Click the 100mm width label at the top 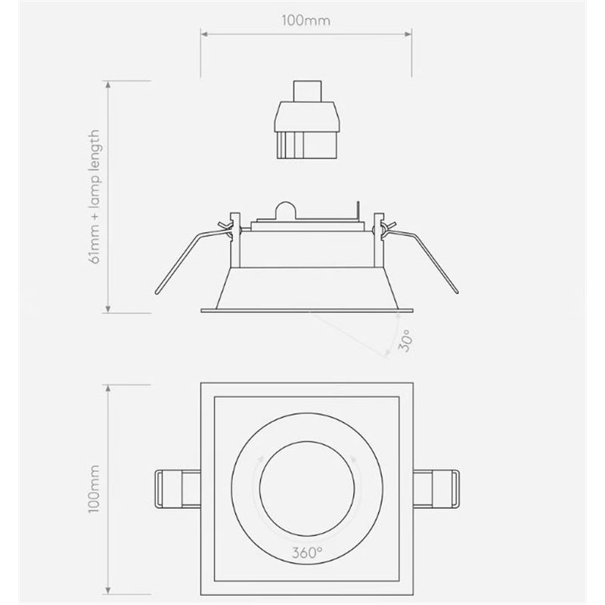[x=306, y=20]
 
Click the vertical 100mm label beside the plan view [x=94, y=488]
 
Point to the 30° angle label [x=403, y=343]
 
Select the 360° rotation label [x=306, y=551]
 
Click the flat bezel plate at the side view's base [x=306, y=309]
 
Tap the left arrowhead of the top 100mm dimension [x=203, y=33]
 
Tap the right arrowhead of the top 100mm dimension [x=410, y=33]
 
